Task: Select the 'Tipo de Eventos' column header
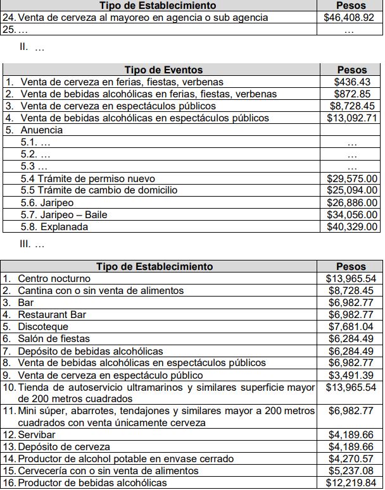tap(163, 70)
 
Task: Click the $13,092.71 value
tap(351, 118)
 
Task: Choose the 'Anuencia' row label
tap(42, 130)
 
